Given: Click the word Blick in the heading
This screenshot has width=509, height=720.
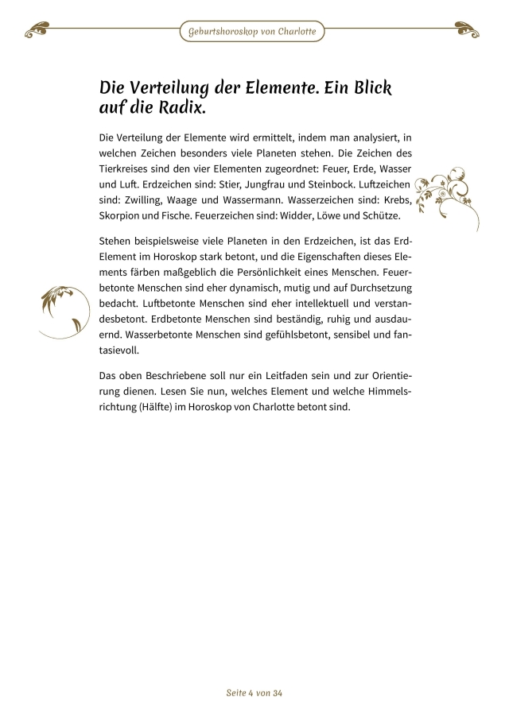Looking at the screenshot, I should coord(365,86).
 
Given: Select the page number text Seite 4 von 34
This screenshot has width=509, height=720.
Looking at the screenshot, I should coord(254,693).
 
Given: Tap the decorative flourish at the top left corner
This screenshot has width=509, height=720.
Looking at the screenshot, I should coord(40,32).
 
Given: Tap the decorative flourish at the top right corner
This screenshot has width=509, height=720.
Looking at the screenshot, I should coord(468,32).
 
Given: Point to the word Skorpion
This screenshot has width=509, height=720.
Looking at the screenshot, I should coord(122,217).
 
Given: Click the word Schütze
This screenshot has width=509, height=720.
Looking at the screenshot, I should coord(382,217).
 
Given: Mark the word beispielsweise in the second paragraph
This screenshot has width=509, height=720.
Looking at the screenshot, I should coord(172,240).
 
